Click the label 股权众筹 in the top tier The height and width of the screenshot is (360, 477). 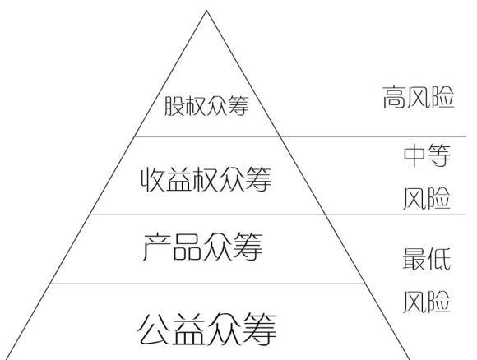coord(206,105)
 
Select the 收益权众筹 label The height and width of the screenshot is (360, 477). coord(206,179)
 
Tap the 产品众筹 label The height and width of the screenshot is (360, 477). coord(202,247)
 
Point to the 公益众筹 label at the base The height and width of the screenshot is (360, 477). coord(207,330)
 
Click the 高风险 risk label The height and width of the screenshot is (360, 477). coord(419,97)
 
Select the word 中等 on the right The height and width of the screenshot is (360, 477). coord(427,155)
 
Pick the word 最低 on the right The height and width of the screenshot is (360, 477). coord(427,259)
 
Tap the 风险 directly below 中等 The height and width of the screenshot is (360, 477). coord(427,198)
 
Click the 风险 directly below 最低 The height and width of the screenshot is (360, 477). coord(427,302)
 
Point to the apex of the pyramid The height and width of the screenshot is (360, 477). coord(206,11)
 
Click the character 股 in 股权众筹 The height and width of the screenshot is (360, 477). coord(174,106)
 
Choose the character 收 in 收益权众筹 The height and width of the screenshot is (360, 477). coord(153,179)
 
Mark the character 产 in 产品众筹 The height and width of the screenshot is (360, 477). coord(156,247)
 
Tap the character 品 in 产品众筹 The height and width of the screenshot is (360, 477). coord(187,247)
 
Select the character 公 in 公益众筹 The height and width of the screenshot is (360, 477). coord(154,330)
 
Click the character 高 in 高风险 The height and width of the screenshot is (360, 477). coord(394,97)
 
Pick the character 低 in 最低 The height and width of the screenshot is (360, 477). coord(439,259)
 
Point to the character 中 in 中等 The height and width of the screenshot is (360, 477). coord(414,155)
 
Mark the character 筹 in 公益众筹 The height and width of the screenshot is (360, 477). coord(260,330)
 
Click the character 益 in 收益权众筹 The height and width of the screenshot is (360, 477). coord(179,179)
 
